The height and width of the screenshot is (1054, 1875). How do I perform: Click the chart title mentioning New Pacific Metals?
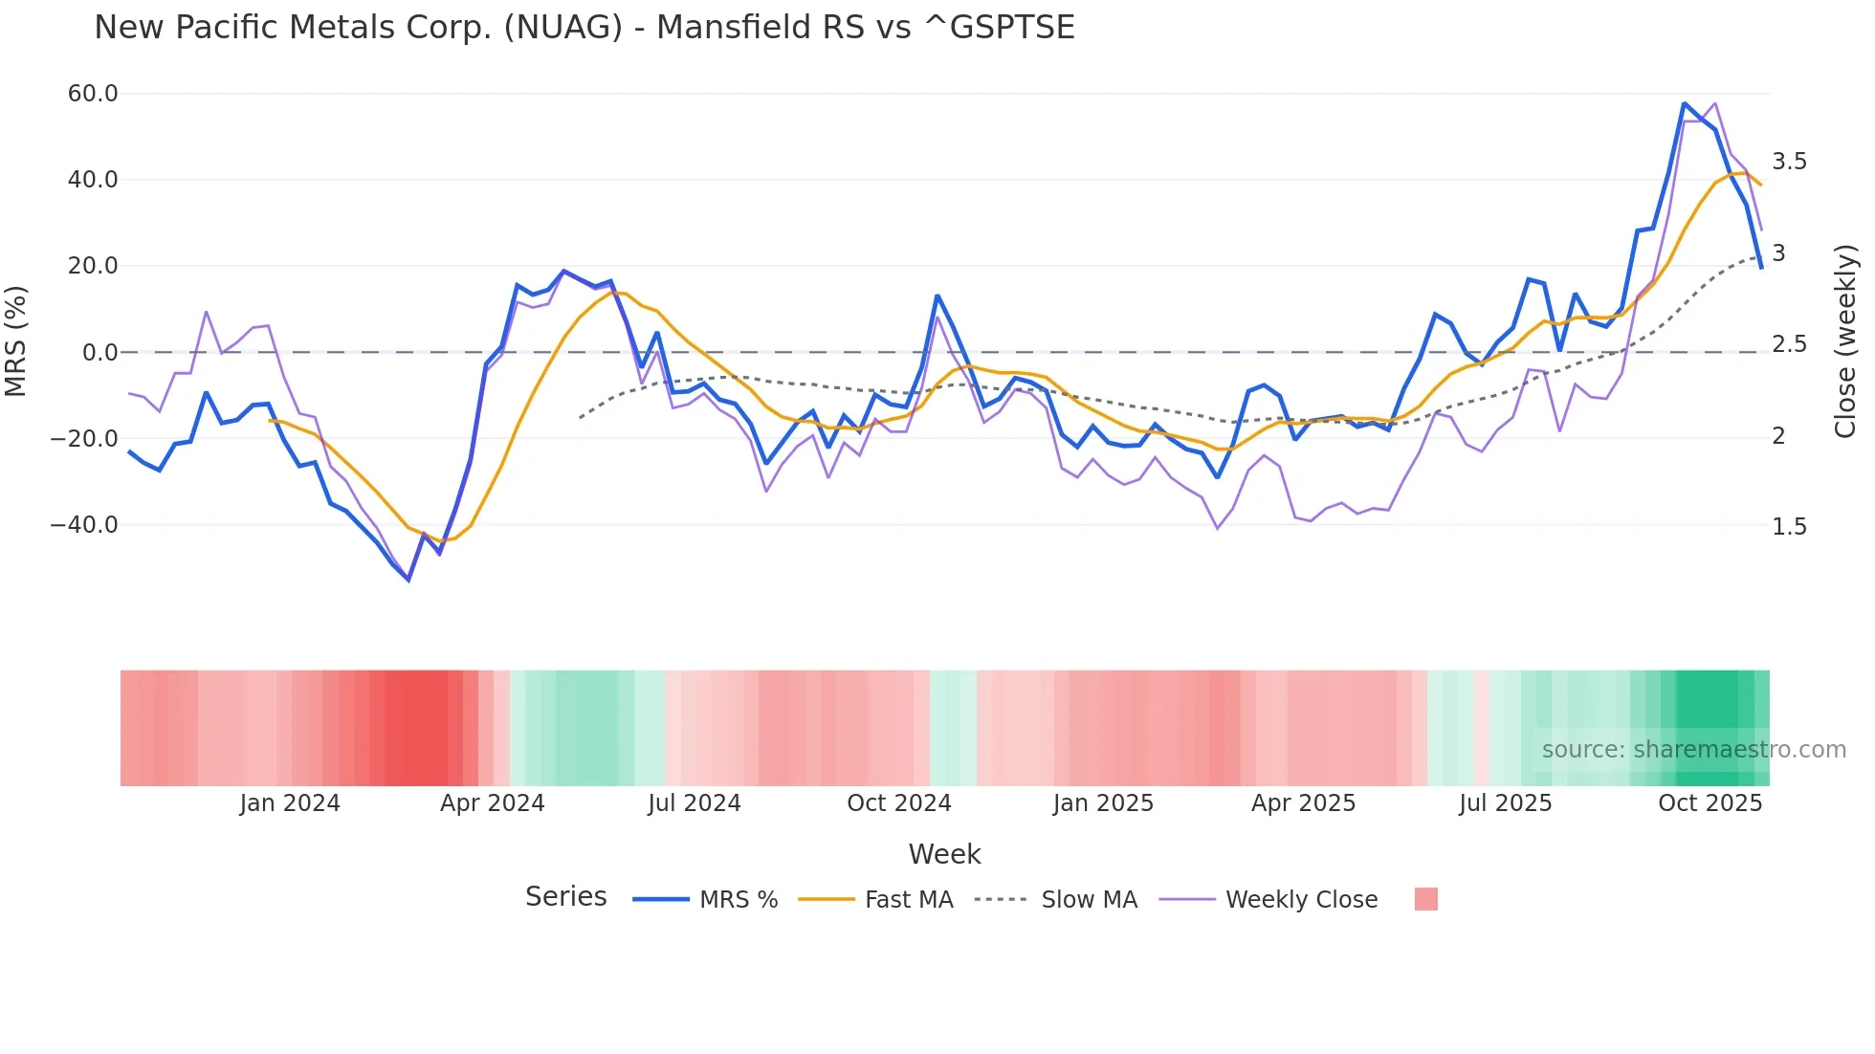(x=584, y=28)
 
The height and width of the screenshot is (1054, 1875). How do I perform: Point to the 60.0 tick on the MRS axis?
(x=93, y=94)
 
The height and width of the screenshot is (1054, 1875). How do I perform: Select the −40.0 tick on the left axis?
(x=84, y=525)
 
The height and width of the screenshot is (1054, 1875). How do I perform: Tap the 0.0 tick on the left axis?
(x=99, y=353)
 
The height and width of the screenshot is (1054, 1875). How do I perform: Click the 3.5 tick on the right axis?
(x=1789, y=162)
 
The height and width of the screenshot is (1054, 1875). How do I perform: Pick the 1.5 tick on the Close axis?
(x=1789, y=527)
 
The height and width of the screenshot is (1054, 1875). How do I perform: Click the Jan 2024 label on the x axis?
(x=290, y=803)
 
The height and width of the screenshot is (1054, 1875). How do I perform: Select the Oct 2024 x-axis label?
(x=898, y=803)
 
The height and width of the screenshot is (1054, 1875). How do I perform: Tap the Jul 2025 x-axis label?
(x=1505, y=803)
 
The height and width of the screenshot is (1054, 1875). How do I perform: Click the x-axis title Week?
(x=944, y=854)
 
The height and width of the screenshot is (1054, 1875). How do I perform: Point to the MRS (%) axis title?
(x=16, y=340)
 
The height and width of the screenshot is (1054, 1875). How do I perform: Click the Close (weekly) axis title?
(x=1845, y=340)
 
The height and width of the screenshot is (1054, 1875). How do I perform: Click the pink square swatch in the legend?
(x=1425, y=899)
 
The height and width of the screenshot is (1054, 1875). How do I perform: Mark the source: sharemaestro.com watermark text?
(x=1693, y=750)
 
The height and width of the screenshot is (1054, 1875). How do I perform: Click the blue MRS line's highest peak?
(x=1684, y=103)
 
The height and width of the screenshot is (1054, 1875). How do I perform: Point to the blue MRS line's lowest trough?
(x=408, y=580)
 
